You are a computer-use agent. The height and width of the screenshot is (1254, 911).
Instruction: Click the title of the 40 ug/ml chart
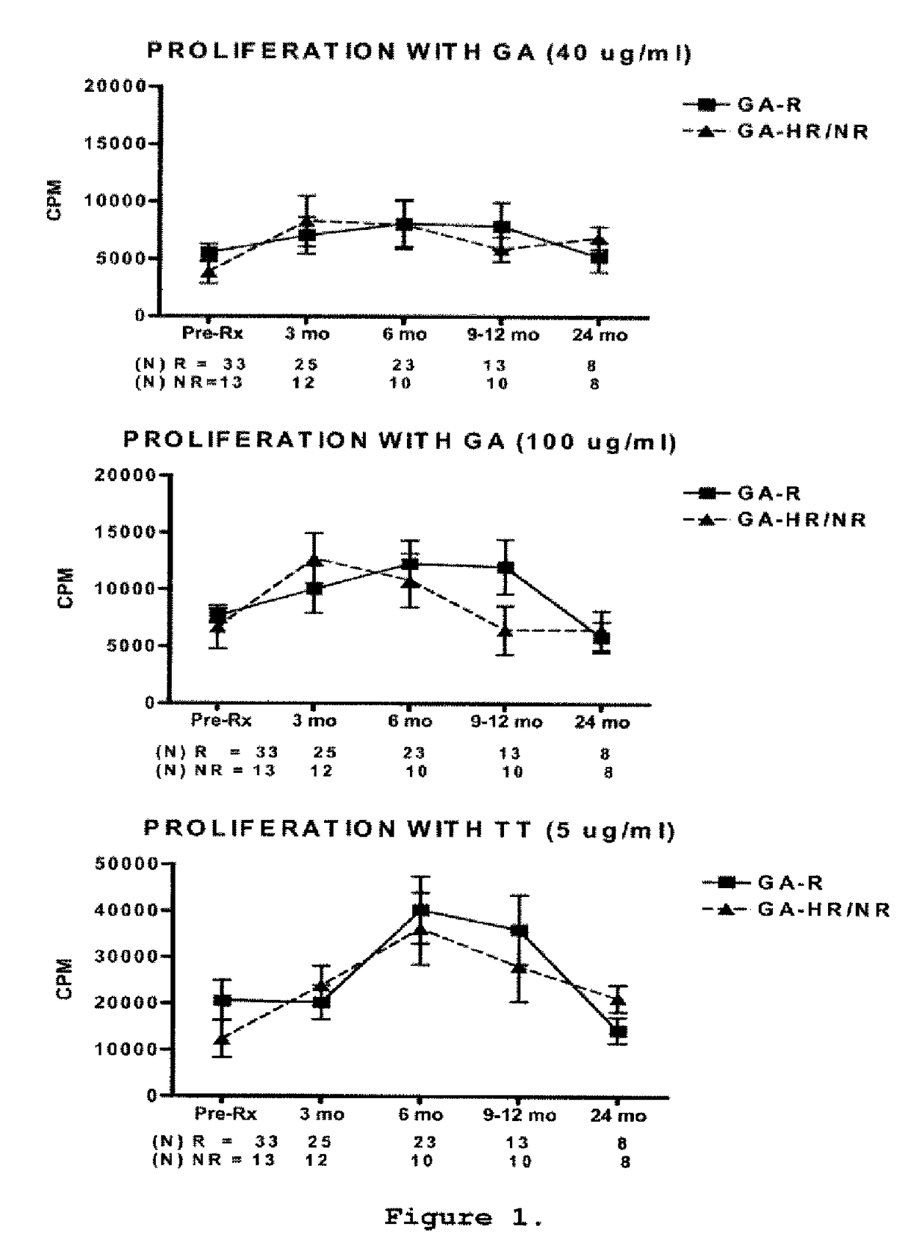(420, 53)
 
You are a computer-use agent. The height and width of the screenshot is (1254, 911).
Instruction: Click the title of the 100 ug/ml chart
(400, 442)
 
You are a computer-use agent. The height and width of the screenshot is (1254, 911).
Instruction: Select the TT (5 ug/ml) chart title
(409, 830)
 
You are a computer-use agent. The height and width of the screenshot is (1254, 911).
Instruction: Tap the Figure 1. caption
(464, 1217)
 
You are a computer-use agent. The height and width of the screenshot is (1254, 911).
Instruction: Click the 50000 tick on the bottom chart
(127, 864)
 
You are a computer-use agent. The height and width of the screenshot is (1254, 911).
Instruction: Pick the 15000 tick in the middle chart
(126, 532)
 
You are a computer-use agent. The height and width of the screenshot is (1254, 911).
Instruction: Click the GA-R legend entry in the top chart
(768, 105)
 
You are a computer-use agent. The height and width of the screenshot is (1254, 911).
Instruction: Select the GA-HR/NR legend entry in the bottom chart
(823, 910)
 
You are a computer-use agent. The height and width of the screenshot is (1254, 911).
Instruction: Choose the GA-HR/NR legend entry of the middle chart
(802, 521)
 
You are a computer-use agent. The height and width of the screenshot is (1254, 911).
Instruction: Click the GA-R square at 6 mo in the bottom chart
(421, 911)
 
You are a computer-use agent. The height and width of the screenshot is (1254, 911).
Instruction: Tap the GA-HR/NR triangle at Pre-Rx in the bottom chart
(223, 1039)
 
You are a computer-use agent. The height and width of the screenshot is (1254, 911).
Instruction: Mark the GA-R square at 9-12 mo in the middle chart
(505, 568)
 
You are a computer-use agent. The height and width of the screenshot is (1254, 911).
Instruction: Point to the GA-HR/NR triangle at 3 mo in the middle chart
(314, 561)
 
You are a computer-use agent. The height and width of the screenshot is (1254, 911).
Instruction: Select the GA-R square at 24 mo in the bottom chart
(619, 1031)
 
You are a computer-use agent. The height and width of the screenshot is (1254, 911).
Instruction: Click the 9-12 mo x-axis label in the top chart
(503, 336)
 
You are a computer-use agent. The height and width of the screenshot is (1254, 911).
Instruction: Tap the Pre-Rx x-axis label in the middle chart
(220, 721)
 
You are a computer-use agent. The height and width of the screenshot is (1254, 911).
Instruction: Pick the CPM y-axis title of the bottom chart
(65, 979)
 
